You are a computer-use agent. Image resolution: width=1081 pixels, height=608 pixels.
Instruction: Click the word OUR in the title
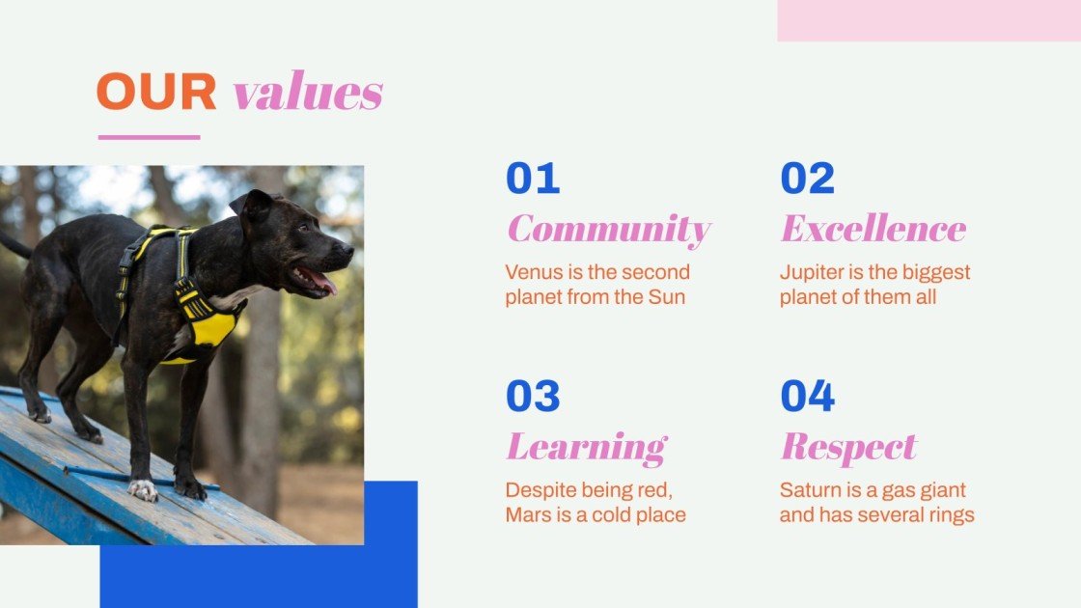point(156,93)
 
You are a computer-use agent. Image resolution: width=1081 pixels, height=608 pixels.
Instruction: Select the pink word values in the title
point(308,93)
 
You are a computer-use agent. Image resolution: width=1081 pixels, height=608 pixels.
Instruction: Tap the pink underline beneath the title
point(149,137)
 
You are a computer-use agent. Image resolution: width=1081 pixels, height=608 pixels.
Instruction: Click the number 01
point(533,179)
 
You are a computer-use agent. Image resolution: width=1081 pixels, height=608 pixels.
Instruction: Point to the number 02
point(807,179)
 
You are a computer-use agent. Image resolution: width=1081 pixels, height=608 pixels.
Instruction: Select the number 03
point(533,397)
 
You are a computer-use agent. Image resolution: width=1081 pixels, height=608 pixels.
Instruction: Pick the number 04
point(807,397)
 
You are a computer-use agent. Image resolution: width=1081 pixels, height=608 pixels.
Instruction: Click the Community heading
point(608,230)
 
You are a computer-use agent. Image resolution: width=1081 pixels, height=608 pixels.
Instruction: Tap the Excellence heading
point(873,229)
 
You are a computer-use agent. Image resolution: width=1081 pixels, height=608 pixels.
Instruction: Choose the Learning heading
point(586,448)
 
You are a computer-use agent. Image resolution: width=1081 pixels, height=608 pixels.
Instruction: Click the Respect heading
point(847,448)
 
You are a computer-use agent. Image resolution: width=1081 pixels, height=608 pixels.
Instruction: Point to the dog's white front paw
point(143,490)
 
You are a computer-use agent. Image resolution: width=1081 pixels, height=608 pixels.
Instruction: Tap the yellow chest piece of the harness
point(212,328)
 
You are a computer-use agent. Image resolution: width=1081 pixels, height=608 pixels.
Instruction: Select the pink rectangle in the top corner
point(929,20)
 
